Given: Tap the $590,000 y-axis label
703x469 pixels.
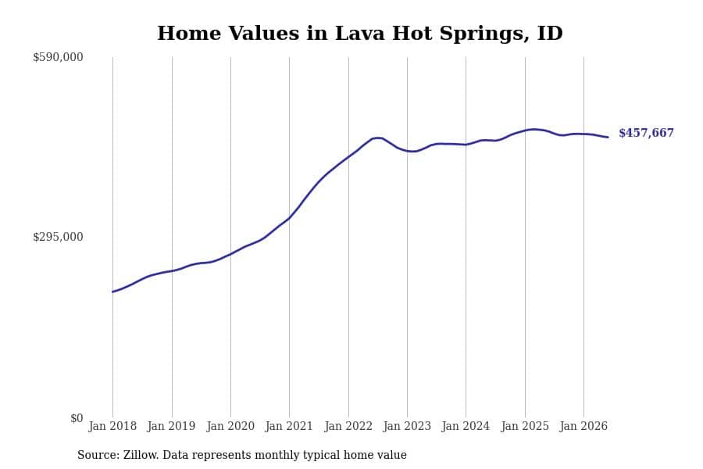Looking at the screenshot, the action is (58, 57).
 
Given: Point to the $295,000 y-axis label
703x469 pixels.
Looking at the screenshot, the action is (58, 237).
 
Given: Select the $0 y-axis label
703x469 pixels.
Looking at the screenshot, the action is (77, 418).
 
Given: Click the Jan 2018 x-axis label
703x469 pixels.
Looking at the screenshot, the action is (112, 426).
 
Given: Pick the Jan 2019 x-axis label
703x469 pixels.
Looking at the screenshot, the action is (171, 426).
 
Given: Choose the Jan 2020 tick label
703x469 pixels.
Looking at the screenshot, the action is (230, 426).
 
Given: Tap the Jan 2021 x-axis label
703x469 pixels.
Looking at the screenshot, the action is (289, 426).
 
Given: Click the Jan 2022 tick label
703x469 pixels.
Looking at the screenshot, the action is (348, 426).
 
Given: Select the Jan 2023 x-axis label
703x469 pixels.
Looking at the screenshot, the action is (407, 426).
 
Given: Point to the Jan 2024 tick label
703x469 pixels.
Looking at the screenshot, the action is (466, 426).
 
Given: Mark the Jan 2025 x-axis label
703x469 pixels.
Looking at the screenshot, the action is (525, 426).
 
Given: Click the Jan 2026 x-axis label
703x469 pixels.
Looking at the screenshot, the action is (583, 426).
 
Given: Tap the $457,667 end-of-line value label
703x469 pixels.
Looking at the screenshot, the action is (646, 133).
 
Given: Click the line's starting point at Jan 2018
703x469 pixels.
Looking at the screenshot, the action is (112, 292).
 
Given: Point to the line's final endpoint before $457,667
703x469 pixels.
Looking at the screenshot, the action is (608, 138).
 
